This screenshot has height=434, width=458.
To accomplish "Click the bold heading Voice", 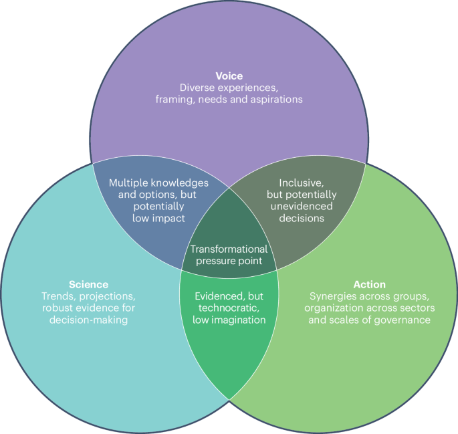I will [x=229, y=76].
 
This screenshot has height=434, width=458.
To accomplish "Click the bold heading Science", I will [x=88, y=284].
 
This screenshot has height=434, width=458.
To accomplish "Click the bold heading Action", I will [x=369, y=284].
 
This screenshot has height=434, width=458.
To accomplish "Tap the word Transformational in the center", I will [x=229, y=249].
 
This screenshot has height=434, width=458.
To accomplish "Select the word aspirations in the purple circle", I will [x=275, y=100].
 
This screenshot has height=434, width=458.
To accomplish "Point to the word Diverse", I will [x=199, y=88].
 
